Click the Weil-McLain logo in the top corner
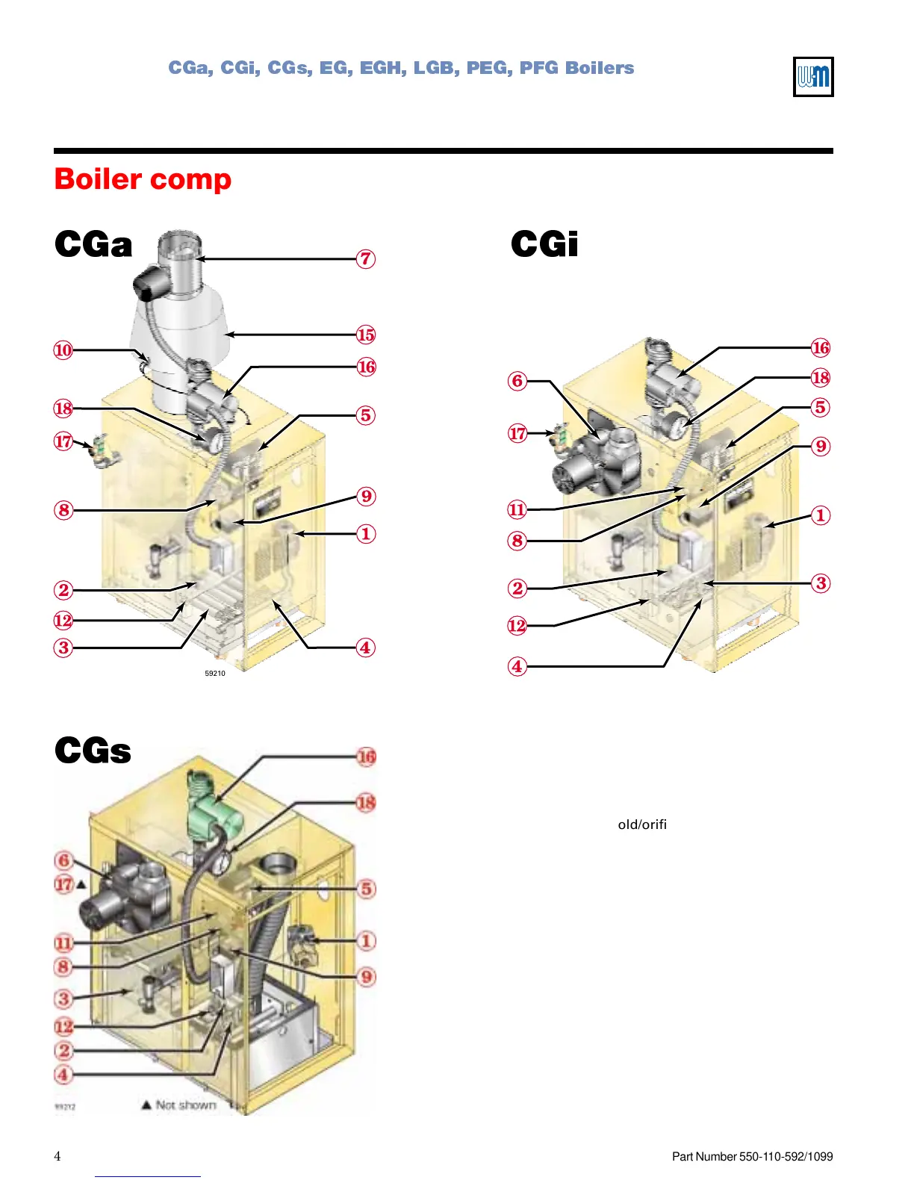click(812, 77)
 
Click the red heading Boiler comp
click(143, 179)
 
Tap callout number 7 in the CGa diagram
click(365, 259)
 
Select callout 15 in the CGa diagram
click(365, 335)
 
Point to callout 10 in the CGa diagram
click(63, 350)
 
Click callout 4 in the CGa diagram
click(365, 648)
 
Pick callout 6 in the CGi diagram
click(517, 381)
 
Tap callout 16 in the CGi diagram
click(820, 348)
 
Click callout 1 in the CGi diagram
click(820, 515)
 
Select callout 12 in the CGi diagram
click(517, 625)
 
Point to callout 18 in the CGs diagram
click(365, 803)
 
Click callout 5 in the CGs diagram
click(366, 889)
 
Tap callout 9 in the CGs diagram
click(366, 976)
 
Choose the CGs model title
click(93, 751)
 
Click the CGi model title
click(544, 244)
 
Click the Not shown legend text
click(185, 1105)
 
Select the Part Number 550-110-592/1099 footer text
click(752, 1156)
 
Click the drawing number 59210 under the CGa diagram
click(215, 673)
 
